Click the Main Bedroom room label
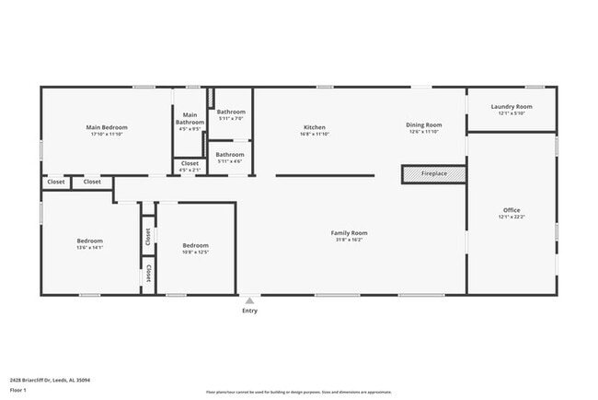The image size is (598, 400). pos(107,127)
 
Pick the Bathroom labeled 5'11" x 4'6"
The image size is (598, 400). pos(230,155)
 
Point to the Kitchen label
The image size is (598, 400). pos(315,127)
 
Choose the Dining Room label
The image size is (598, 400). pos(424,124)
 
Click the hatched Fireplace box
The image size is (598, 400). pos(433,173)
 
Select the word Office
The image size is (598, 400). pos(511,210)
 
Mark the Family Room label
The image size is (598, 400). pos(349,233)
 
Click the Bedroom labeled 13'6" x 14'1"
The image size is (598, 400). pos(89,241)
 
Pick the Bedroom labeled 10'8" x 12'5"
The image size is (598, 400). pos(195,245)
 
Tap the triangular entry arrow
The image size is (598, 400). pos(249,300)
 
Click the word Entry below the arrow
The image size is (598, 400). pos(249,311)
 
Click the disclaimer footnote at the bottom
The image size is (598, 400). pos(299,392)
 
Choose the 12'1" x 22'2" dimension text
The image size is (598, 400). pos(511,218)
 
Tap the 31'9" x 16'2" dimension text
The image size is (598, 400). pos(349,240)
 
